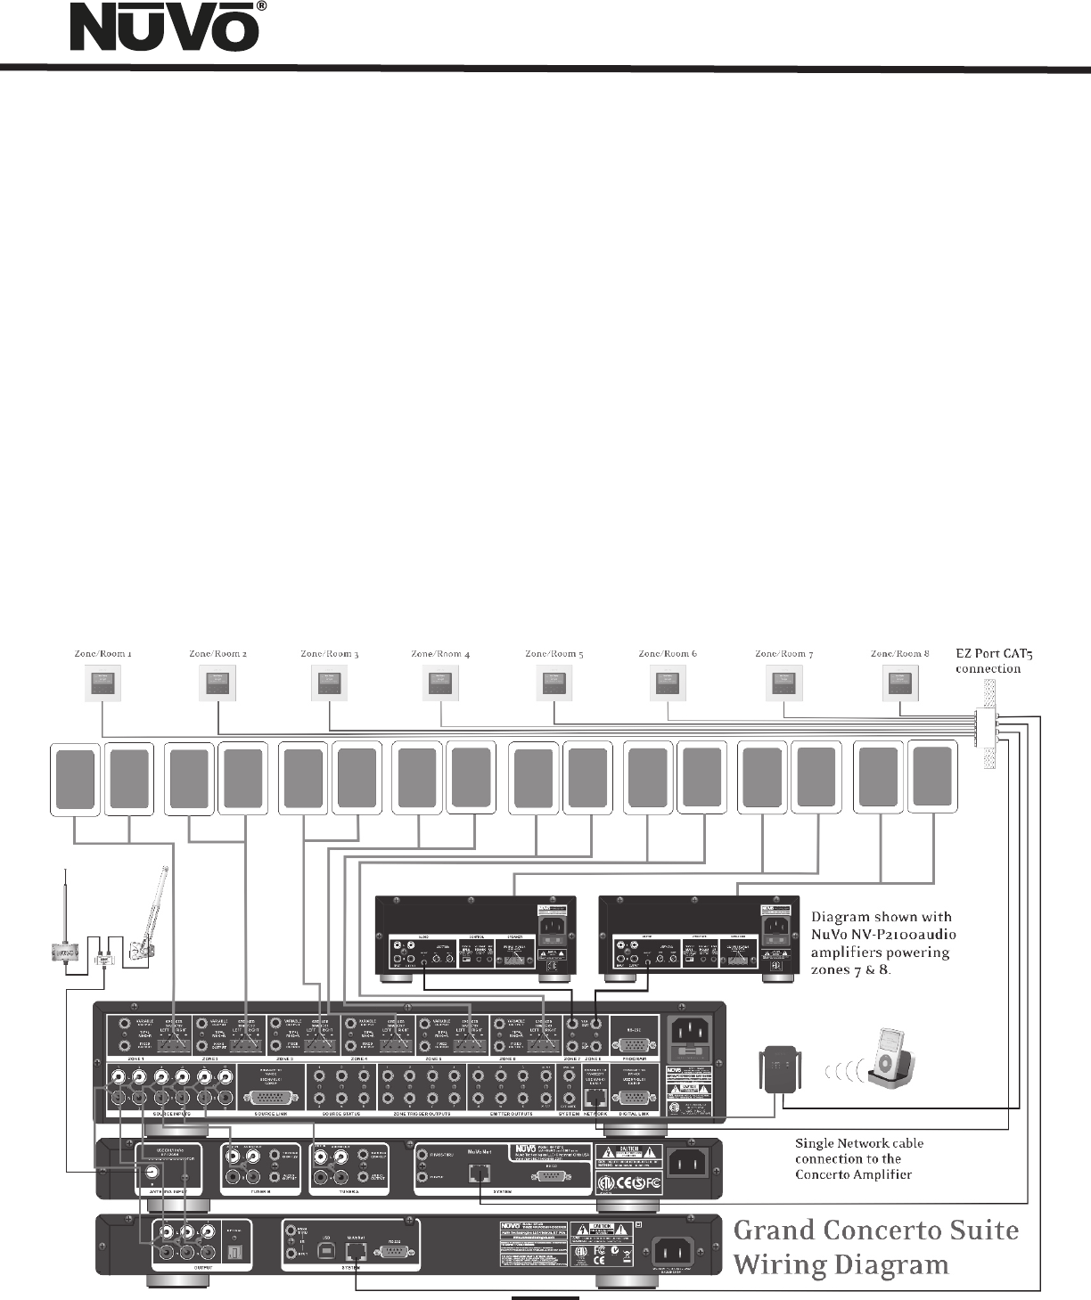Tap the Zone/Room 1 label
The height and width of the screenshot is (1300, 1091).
[103, 654]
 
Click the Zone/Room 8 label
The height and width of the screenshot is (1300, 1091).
[899, 654]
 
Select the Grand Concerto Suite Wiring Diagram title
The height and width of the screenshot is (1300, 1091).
[875, 1247]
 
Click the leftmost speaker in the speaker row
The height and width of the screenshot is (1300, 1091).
[75, 779]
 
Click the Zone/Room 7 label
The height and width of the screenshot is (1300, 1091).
[783, 654]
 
